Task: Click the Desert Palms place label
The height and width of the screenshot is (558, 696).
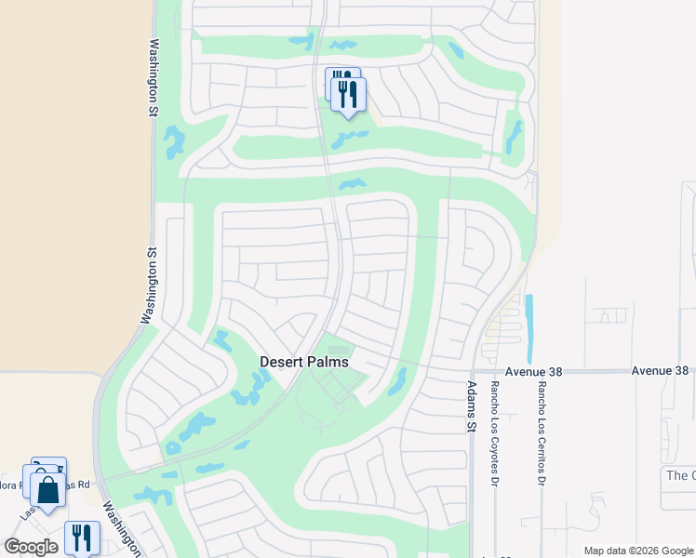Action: click(x=303, y=362)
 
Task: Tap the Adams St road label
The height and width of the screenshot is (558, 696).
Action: click(x=472, y=406)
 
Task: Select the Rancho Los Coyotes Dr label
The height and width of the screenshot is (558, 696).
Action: click(x=496, y=432)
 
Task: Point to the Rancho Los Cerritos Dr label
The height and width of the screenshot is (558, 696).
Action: click(x=540, y=432)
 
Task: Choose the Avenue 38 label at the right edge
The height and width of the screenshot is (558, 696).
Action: click(x=660, y=370)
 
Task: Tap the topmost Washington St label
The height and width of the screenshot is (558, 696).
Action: click(x=150, y=64)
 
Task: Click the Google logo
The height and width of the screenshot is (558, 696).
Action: click(x=31, y=547)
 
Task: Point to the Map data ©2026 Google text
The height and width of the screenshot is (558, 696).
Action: click(x=636, y=551)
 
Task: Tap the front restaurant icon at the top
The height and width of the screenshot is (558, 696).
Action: click(x=348, y=96)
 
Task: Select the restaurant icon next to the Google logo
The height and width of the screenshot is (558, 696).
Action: click(x=82, y=538)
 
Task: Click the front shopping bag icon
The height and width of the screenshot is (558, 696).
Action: click(x=47, y=489)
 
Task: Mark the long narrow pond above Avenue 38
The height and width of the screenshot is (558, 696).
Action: click(x=530, y=328)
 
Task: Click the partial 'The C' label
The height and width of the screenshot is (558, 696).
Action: click(x=680, y=475)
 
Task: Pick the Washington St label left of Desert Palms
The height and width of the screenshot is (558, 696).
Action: click(x=147, y=285)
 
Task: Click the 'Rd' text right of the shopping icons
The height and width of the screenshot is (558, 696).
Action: click(x=83, y=485)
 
